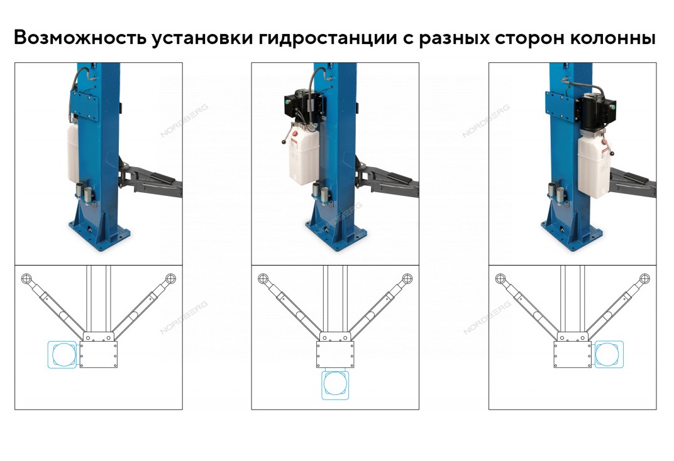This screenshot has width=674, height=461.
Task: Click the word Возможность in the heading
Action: coord(80,37)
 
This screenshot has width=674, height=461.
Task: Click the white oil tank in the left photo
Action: coord(73,153)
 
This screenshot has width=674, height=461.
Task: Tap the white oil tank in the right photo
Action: coord(594,166)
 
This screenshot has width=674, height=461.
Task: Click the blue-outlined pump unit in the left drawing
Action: coord(63,355)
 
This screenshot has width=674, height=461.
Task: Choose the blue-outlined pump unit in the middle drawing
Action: coord(335,384)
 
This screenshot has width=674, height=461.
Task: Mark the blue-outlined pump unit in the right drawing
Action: coord(608,355)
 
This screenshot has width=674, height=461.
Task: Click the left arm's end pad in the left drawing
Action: coord(26,278)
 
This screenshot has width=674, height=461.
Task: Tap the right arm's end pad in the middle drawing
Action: coord(407,278)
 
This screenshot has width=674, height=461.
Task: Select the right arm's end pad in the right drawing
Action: coord(644,278)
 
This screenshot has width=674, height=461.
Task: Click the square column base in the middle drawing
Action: coord(335,355)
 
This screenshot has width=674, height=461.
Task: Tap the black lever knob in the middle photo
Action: coord(284,142)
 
